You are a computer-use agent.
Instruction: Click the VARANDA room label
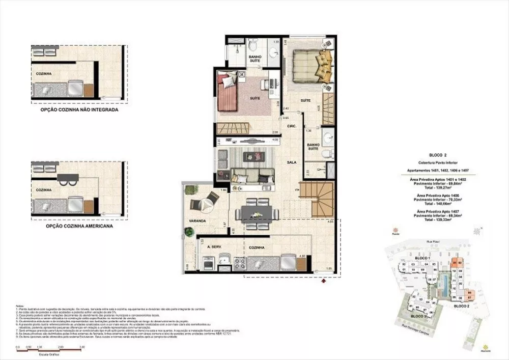point(197,221)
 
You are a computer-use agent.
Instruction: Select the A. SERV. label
point(216,247)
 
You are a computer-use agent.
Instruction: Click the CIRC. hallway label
point(292,126)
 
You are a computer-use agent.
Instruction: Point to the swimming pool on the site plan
point(446,287)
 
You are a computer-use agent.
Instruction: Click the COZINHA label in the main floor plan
point(257,247)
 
